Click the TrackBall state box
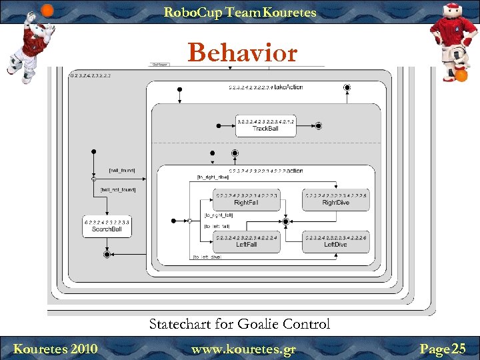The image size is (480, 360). click(265, 125)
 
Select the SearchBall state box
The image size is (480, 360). click(107, 226)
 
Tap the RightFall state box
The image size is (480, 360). click(246, 199)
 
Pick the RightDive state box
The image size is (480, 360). click(335, 199)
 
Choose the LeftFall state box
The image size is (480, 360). click(246, 241)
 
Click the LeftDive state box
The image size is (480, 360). click(335, 241)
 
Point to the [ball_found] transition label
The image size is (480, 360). click(122, 171)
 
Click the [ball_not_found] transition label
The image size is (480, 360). click(118, 190)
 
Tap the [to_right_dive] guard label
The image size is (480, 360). click(213, 177)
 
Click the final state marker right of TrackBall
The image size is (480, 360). click(319, 125)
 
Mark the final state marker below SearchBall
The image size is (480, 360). click(107, 254)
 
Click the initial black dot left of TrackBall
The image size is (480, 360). click(218, 125)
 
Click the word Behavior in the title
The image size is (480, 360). click(242, 52)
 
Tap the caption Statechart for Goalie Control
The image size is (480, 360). click(239, 325)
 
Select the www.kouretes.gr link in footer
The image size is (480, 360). click(243, 349)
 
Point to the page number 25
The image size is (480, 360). click(459, 349)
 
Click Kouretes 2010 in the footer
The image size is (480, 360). click(55, 349)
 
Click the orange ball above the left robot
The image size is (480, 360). click(47, 9)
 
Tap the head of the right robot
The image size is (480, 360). click(453, 11)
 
